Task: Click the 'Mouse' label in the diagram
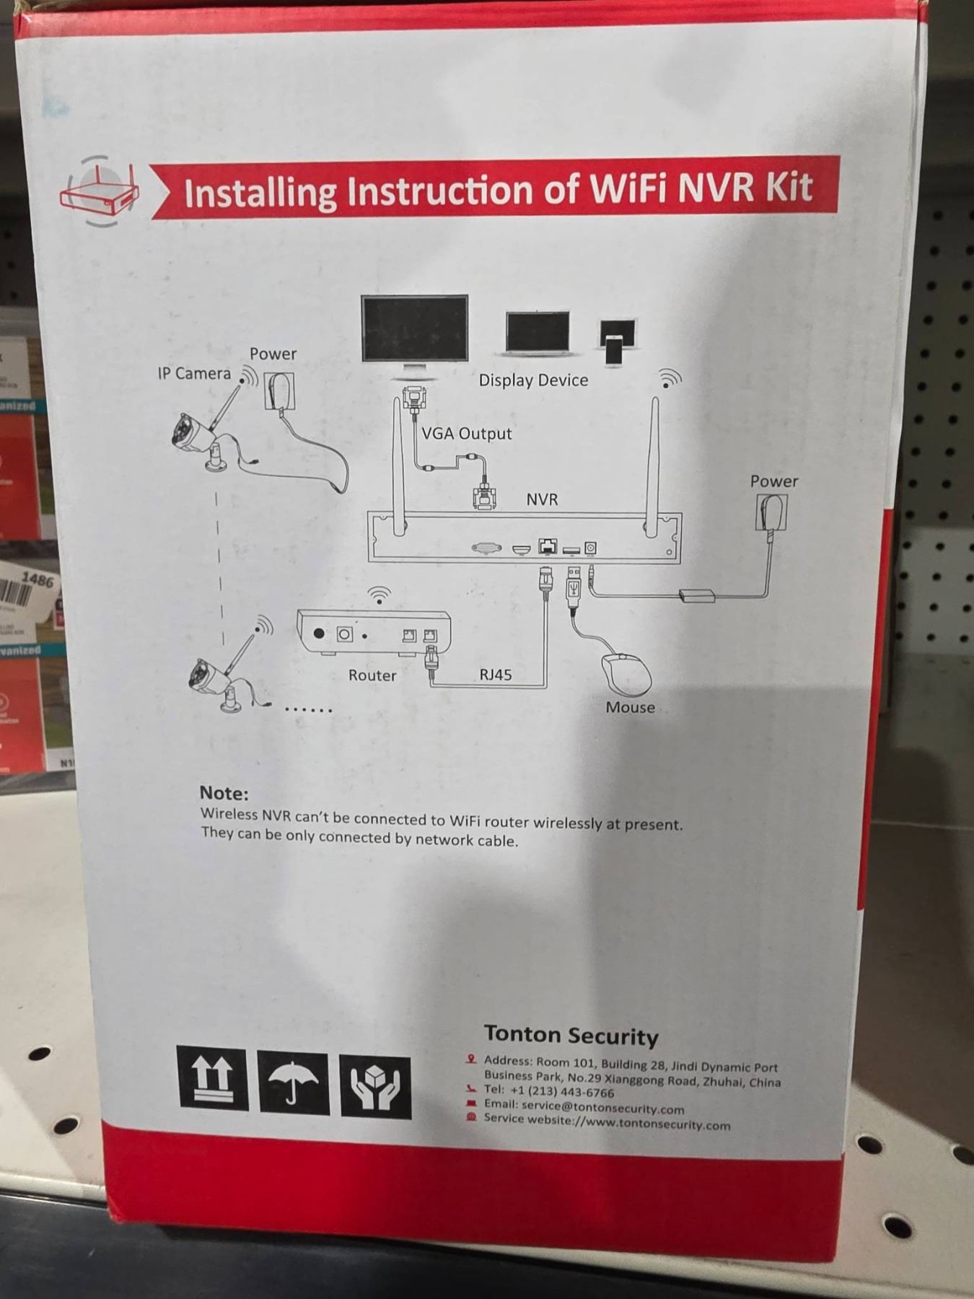coord(630,707)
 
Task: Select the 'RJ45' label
coord(496,675)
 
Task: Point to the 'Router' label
coord(372,675)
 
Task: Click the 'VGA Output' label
coord(466,434)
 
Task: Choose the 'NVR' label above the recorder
coord(542,499)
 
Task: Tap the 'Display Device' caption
coord(533,380)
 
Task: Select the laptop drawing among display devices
coord(538,335)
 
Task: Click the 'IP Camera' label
coord(194,374)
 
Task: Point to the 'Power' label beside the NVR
coord(774,481)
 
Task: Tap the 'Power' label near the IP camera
coord(273,354)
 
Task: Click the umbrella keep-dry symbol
coord(293,1083)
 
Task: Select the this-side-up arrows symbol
coord(212,1078)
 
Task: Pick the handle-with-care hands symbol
coord(375,1088)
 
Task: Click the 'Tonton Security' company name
coord(571,1035)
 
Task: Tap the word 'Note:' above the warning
coord(224,793)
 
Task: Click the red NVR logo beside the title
coord(100,191)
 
